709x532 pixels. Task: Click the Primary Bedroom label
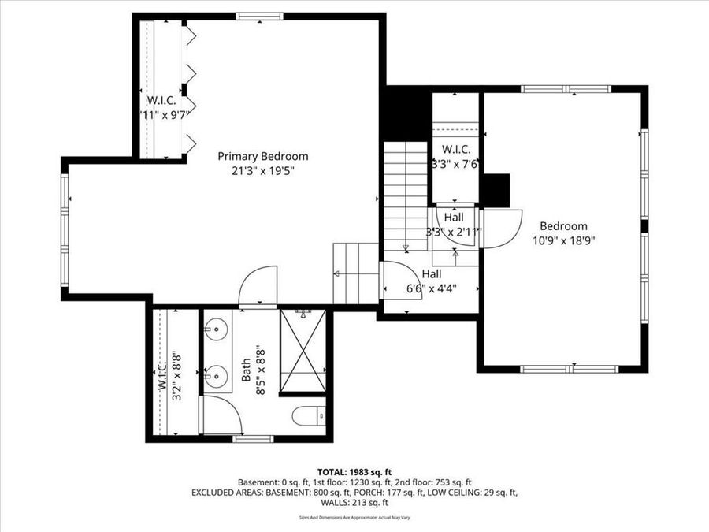tap(263, 156)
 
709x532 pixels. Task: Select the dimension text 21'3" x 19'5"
tap(263, 169)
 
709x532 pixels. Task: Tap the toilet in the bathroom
tap(309, 415)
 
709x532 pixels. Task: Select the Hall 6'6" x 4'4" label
tap(430, 281)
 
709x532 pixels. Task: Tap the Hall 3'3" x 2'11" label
tap(453, 225)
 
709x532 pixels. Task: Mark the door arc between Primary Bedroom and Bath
tap(258, 285)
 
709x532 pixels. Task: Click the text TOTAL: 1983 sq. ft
tap(354, 471)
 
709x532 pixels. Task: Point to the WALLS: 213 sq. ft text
tap(354, 502)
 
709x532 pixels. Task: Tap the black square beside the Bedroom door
tap(496, 190)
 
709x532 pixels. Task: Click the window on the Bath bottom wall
tap(248, 439)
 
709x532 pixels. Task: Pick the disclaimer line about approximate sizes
tap(354, 518)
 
